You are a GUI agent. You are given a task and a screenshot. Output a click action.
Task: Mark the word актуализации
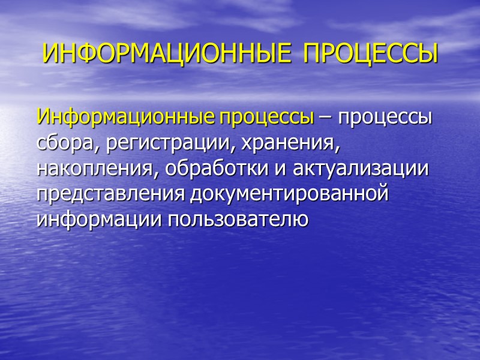361,170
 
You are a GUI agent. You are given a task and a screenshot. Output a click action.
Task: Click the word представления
112,196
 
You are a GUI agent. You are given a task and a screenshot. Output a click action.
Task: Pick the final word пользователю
240,220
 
